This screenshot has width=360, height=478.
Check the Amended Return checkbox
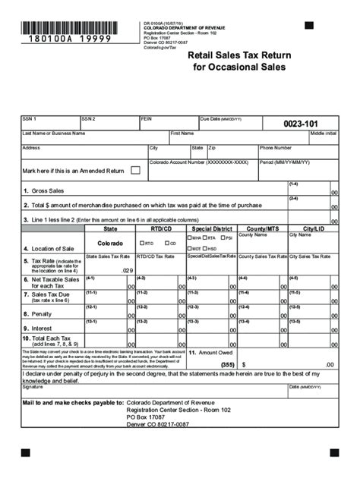pos(135,171)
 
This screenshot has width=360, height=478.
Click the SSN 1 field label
pos(30,119)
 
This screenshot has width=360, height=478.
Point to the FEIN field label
pos(147,119)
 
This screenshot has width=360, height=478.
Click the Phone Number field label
pos(276,148)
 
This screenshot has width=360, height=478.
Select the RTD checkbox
pos(142,244)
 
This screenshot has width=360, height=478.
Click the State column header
pos(110,228)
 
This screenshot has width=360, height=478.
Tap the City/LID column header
pos(313,228)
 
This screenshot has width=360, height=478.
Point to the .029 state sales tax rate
pos(127,270)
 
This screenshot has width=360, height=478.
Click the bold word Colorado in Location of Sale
pos(110,244)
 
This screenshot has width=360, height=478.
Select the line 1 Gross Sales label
pos(46,191)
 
